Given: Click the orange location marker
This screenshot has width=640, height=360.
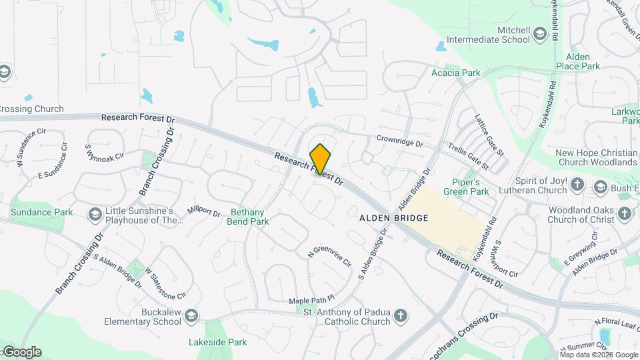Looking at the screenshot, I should coord(321,159).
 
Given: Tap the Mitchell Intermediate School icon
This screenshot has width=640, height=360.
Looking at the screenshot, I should coord(539,35).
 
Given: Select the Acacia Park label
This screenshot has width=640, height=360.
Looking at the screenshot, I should coord(456,73).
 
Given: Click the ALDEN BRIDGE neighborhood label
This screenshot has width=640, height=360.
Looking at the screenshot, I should coord(393,218).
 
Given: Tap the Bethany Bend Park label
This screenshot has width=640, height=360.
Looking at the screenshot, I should coord(249,217).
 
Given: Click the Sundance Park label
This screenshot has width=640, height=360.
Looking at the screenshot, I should coord(41,212).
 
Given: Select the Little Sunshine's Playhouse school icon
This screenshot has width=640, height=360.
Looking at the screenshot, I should coord(95,214).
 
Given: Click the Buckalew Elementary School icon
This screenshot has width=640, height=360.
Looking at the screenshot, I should coord(191,315).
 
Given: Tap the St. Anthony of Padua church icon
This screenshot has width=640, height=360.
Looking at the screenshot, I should coord(400,315).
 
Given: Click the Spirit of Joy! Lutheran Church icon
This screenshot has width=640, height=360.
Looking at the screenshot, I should coord(577,184).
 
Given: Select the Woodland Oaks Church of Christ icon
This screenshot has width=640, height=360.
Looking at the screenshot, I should coord(624,213).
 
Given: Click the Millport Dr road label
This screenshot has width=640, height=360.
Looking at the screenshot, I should coord(203,211).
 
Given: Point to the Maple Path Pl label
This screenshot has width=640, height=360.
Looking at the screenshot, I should coord(311,301).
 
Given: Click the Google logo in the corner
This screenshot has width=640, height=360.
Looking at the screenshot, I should coord(21,352).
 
